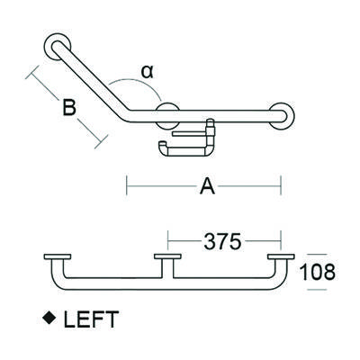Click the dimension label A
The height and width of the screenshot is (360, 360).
coord(206,187)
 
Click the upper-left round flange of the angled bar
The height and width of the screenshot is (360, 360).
coord(57,46)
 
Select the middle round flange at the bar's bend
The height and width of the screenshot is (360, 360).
coord(167,115)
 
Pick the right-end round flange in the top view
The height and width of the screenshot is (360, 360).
coord(284,115)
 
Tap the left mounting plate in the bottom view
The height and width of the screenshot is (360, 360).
coord(58,258)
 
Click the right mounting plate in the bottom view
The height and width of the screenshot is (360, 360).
coord(280,258)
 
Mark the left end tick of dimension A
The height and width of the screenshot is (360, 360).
coord(126,187)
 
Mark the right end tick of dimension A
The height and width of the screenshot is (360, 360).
coord(283,187)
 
